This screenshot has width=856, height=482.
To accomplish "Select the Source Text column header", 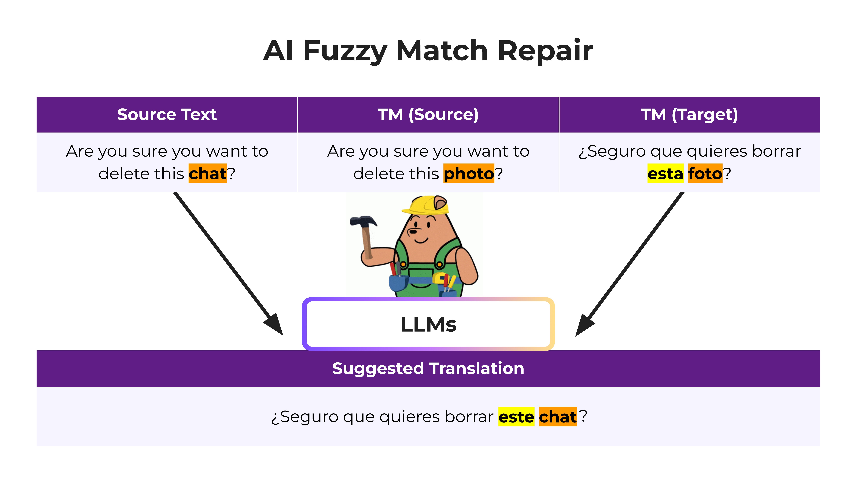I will point(167,114).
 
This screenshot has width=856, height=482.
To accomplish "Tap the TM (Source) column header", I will point(428,114).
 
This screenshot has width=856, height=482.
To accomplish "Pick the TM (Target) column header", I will point(690,114).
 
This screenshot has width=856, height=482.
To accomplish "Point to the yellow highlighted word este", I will point(516,417).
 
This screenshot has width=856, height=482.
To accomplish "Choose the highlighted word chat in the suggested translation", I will point(558,417).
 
